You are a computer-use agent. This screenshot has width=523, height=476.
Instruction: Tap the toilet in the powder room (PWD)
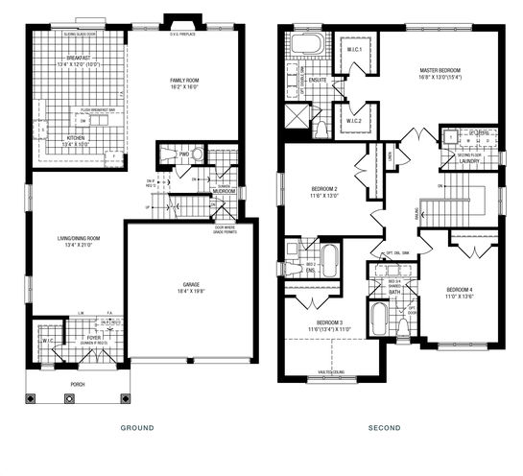(197, 154)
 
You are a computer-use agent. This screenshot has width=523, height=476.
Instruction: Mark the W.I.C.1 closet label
(353, 52)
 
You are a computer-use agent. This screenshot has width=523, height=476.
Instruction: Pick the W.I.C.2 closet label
(352, 121)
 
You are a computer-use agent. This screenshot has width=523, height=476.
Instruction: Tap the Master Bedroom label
(440, 71)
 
